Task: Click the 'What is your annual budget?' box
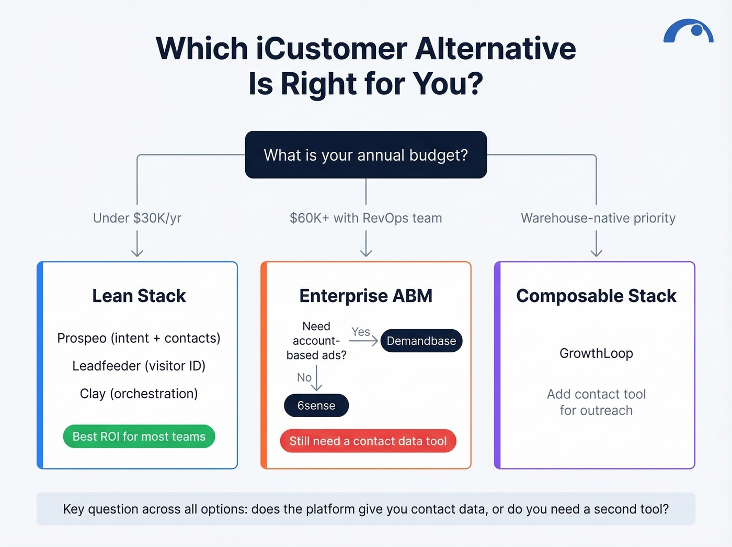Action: point(366,155)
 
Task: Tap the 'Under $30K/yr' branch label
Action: point(137,218)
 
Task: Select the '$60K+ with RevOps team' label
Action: point(366,218)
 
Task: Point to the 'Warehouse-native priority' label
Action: point(598,218)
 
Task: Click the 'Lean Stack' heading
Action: point(139,296)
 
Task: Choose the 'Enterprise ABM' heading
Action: point(366,296)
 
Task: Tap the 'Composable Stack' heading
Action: point(596,296)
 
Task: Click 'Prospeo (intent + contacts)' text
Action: point(139,338)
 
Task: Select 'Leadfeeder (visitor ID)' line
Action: point(139,366)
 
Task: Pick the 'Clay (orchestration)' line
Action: point(139,394)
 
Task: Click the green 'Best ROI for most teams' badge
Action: point(139,437)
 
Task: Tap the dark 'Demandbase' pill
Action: point(421,341)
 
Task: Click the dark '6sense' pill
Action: point(316,406)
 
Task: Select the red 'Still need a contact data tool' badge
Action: point(368,441)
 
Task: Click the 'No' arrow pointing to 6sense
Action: point(316,378)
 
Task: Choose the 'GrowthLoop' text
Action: point(596,353)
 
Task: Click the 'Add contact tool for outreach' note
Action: point(596,402)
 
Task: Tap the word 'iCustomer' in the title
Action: point(331,49)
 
